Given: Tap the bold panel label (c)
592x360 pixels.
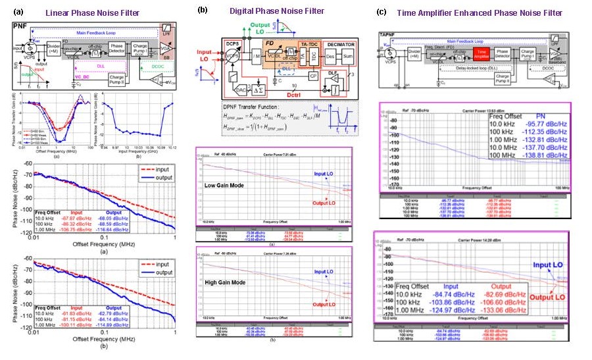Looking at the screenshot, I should tap(381, 12).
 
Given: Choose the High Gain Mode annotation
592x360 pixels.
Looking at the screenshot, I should tap(224, 267).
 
